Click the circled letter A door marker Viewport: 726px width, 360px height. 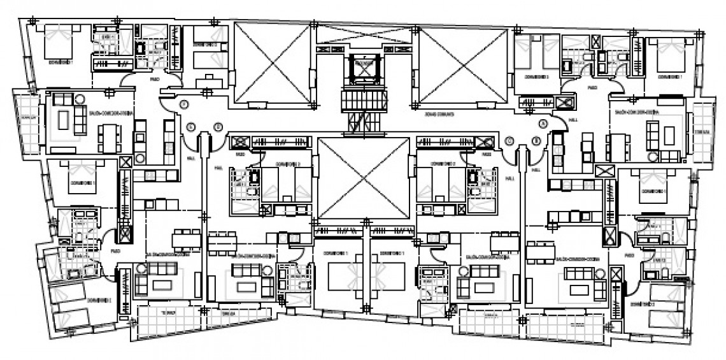(543, 123)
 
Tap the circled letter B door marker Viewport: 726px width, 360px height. (536, 141)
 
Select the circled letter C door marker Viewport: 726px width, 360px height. (509, 141)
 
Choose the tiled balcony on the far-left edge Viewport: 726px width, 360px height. (25, 122)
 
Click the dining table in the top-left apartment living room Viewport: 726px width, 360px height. (110, 136)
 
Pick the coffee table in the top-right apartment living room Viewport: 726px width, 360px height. (669, 134)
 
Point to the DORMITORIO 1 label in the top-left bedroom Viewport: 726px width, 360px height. (62, 64)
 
